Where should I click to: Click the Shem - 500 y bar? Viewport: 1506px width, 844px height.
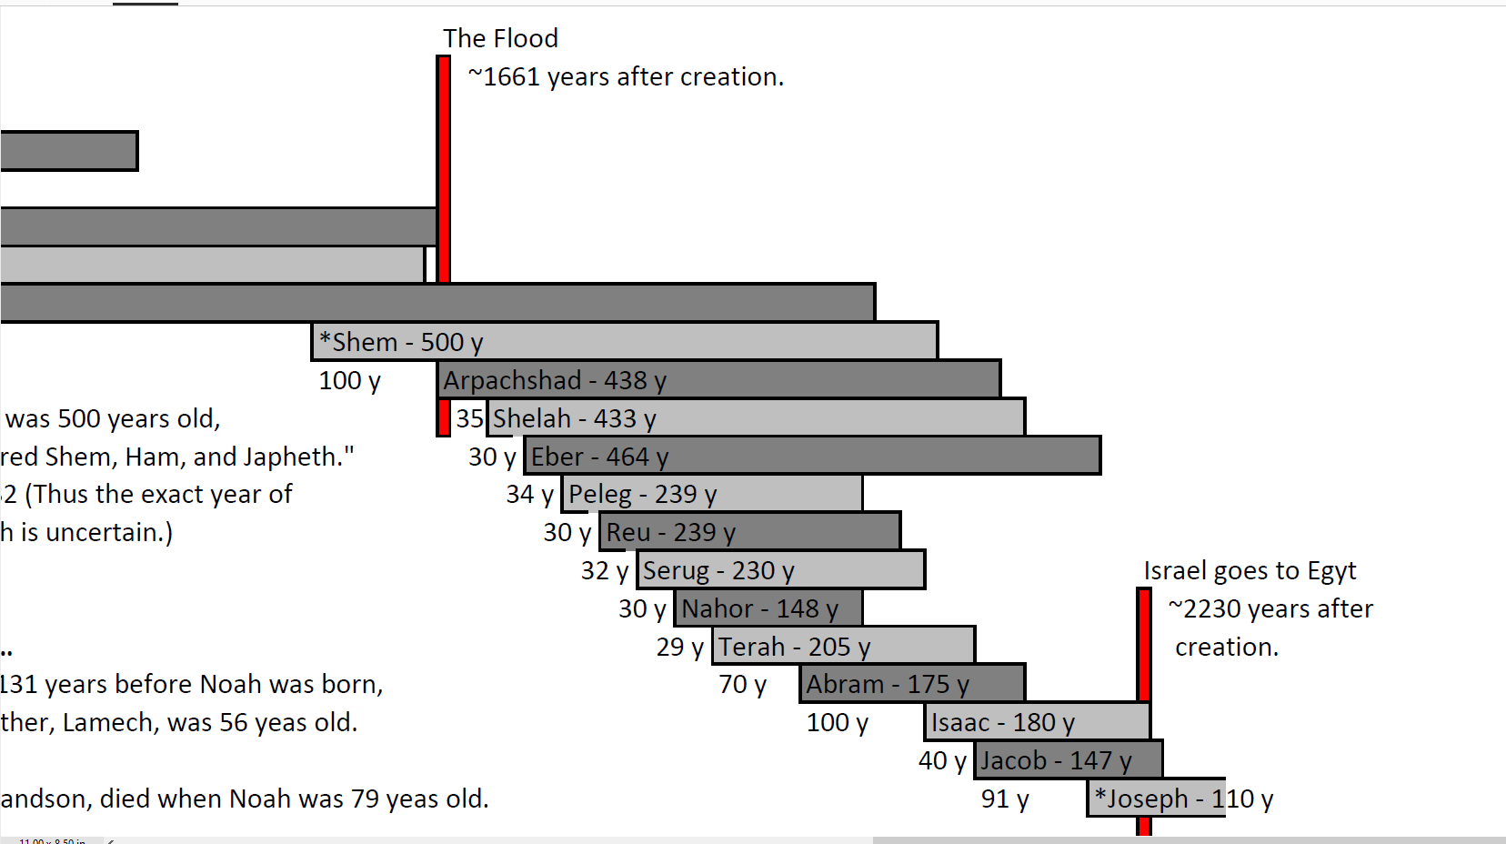point(624,341)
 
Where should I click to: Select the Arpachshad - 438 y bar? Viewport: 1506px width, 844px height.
point(718,379)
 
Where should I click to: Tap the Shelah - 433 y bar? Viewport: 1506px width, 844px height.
point(756,417)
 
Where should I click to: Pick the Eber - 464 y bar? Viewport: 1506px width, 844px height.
point(812,456)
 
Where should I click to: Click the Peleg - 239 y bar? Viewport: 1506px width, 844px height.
point(712,494)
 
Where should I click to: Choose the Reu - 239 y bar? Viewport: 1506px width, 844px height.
point(749,532)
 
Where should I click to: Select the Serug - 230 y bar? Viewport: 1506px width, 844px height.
point(780,570)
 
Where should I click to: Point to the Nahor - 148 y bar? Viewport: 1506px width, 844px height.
point(768,608)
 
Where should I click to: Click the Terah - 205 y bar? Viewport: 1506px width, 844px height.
point(843,646)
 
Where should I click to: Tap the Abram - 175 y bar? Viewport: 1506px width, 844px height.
point(912,684)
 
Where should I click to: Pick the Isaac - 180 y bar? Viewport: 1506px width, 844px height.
point(1038,722)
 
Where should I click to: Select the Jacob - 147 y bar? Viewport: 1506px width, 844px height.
point(1068,760)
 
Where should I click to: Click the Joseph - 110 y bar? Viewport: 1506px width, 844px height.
point(1156,799)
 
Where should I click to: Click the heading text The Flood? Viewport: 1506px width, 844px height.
point(500,38)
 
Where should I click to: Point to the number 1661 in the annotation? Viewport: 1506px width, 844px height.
point(511,77)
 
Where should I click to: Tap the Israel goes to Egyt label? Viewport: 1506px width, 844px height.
point(1250,571)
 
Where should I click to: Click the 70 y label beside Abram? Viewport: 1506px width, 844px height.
point(742,685)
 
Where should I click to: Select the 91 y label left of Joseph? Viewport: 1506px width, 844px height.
point(1005,799)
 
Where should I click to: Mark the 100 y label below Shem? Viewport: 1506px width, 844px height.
point(349,381)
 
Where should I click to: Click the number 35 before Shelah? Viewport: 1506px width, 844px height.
point(469,418)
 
